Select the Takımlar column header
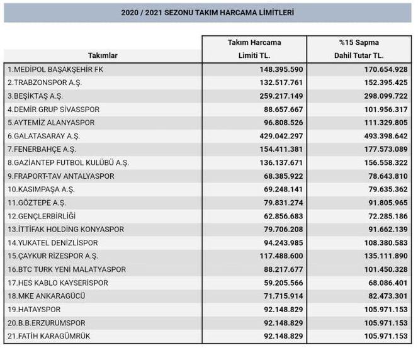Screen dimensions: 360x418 pyautogui.click(x=103, y=55)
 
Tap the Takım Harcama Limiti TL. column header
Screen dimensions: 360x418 pyautogui.click(x=254, y=49)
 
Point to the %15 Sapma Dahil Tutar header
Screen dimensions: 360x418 pyautogui.click(x=359, y=49)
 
